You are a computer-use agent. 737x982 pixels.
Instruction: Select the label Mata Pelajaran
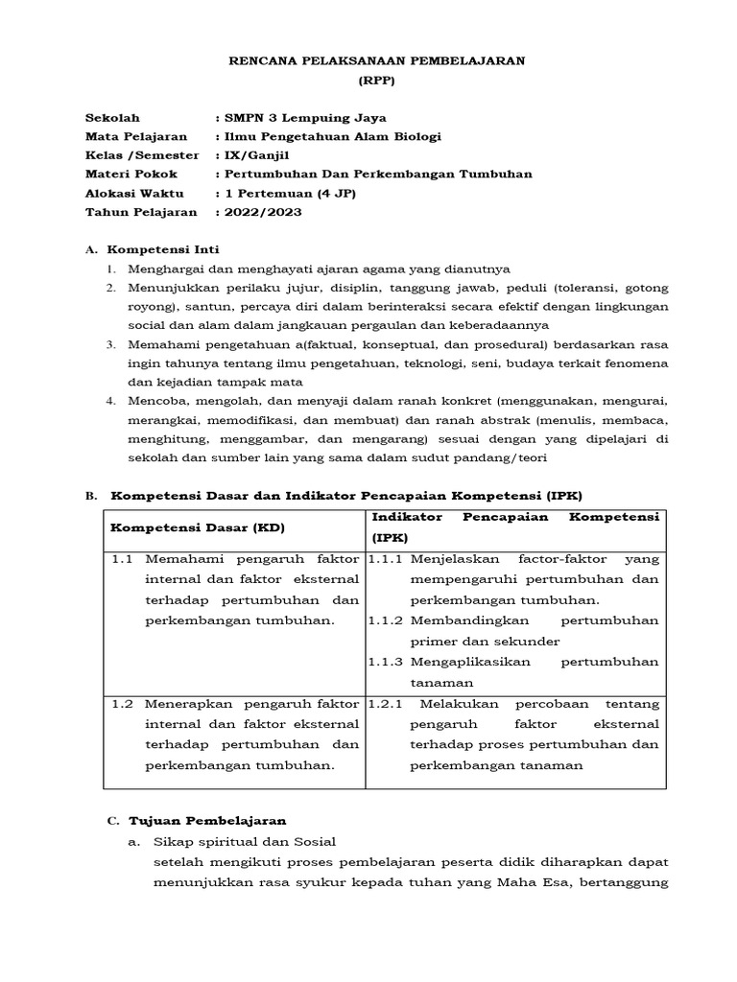coord(135,136)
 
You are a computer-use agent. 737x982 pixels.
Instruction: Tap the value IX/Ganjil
coord(251,154)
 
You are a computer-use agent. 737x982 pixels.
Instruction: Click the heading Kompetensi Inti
coord(161,249)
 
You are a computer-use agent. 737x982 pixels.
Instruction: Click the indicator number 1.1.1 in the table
coord(386,558)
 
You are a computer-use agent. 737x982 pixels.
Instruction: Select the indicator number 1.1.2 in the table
coord(386,620)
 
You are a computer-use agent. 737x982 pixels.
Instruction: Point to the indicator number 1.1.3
coord(386,662)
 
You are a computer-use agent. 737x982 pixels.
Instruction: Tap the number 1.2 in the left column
coord(122,703)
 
